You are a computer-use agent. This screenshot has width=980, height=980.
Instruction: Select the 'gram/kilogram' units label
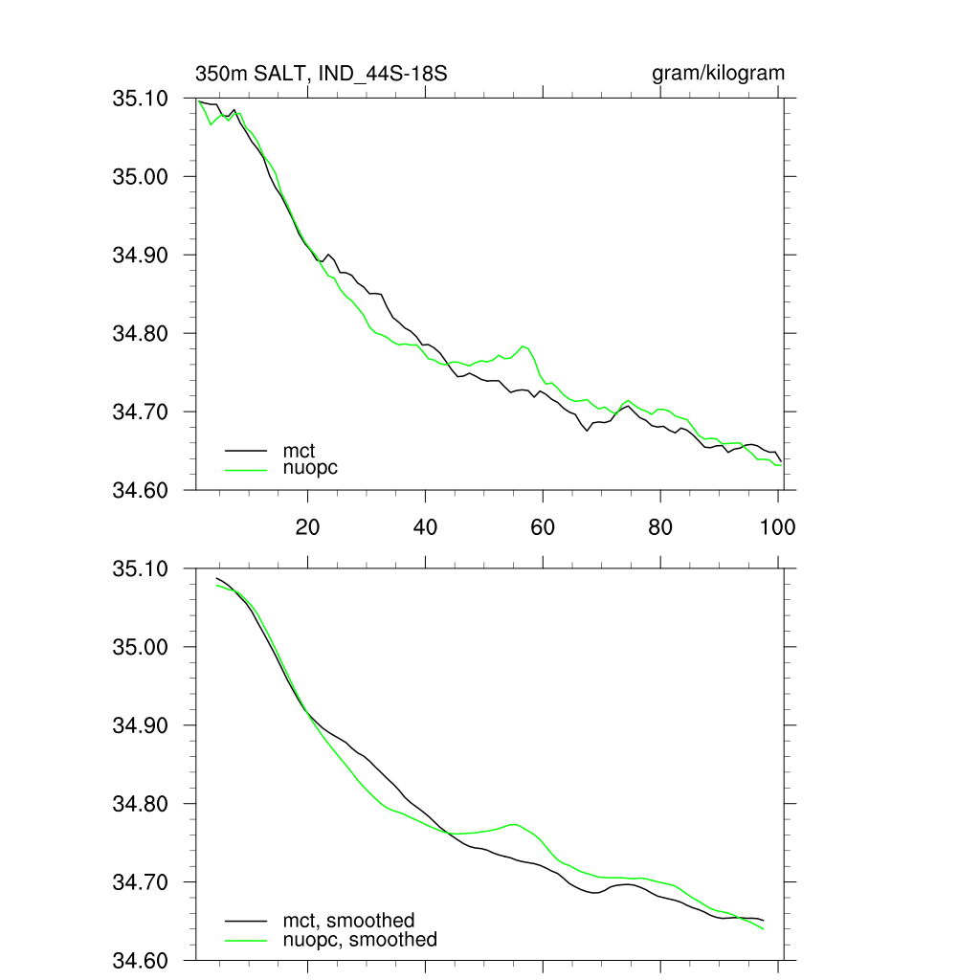pyautogui.click(x=718, y=73)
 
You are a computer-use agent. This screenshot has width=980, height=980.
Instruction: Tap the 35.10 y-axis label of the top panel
pyautogui.click(x=141, y=98)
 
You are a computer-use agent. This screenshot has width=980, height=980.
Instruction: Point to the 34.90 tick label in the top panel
pyautogui.click(x=141, y=255)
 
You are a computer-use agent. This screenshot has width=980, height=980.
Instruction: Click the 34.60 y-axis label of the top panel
pyautogui.click(x=141, y=490)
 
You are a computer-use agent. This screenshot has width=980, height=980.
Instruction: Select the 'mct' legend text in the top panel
pyautogui.click(x=299, y=449)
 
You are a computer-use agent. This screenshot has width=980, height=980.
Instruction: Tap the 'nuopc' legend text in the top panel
pyautogui.click(x=310, y=468)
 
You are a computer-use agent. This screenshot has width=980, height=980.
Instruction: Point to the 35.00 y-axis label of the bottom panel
pyautogui.click(x=141, y=647)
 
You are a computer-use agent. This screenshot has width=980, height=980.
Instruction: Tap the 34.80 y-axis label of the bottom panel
pyautogui.click(x=141, y=804)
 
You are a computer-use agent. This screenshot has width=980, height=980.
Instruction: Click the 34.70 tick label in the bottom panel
pyautogui.click(x=141, y=882)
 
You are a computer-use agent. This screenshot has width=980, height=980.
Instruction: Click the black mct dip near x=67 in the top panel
pyautogui.click(x=587, y=431)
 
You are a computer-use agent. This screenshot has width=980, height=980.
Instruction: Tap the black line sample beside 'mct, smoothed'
pyautogui.click(x=246, y=920)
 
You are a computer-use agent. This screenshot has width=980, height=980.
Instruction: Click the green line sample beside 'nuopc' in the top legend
pyautogui.click(x=246, y=468)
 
